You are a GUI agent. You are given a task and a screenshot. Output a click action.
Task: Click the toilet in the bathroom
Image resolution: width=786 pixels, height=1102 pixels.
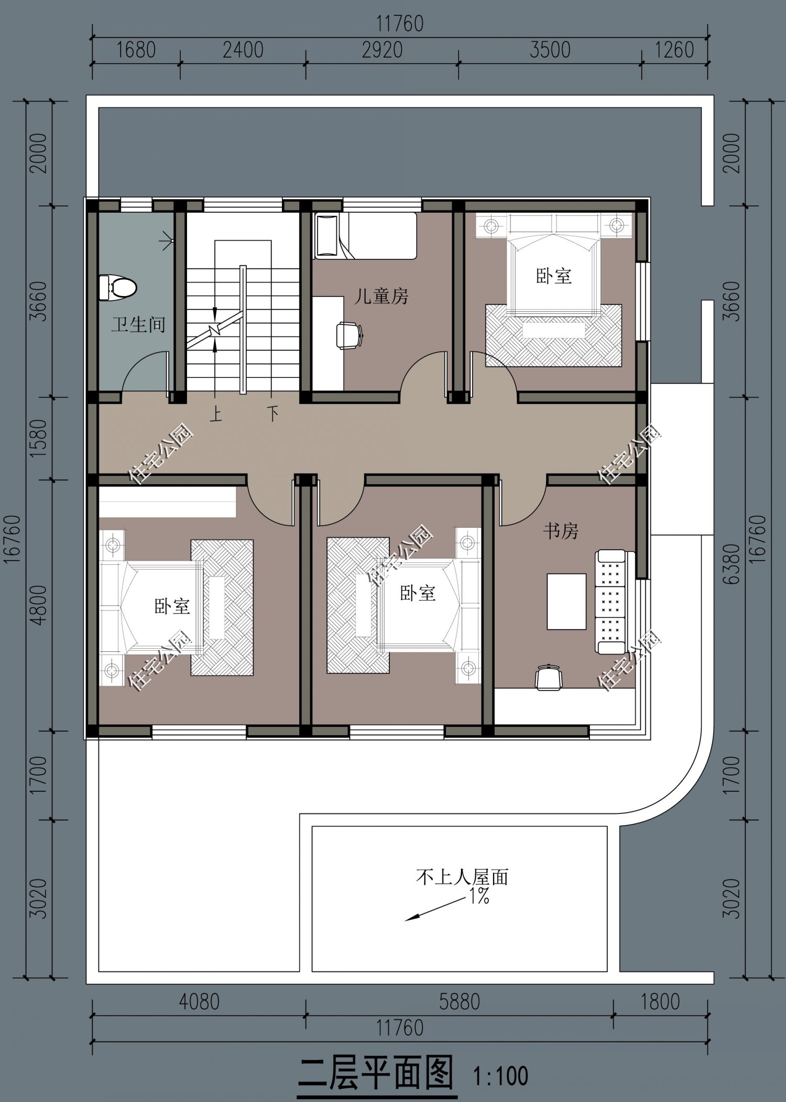click(118, 287)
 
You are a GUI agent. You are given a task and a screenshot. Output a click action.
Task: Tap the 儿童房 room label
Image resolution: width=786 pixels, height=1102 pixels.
click(381, 297)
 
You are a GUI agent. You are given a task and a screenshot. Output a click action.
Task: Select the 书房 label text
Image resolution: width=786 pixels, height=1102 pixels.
click(560, 531)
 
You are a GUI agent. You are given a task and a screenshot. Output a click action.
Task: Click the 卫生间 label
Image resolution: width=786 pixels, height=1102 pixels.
click(138, 324)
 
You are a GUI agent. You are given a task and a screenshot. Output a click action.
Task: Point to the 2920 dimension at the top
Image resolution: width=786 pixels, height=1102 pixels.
click(382, 50)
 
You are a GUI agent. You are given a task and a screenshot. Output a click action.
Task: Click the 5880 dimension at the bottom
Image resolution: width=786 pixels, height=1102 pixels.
click(460, 1002)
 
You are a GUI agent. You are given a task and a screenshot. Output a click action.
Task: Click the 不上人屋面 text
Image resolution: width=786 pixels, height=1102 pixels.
click(462, 877)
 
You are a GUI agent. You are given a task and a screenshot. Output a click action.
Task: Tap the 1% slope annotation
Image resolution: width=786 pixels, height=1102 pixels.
click(479, 897)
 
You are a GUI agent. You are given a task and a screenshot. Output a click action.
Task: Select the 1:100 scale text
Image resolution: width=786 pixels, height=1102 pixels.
click(500, 1076)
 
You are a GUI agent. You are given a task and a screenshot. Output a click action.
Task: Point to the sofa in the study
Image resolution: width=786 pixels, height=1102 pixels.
click(611, 602)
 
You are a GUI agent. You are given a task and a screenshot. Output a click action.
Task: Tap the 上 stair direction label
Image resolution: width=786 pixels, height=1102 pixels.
click(216, 414)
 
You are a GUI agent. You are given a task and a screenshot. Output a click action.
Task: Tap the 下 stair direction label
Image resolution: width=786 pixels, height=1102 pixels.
click(272, 413)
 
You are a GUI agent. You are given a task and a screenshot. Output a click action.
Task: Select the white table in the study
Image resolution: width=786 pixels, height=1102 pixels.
click(566, 601)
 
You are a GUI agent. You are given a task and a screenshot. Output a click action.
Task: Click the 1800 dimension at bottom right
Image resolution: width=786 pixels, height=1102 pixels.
click(660, 1002)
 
